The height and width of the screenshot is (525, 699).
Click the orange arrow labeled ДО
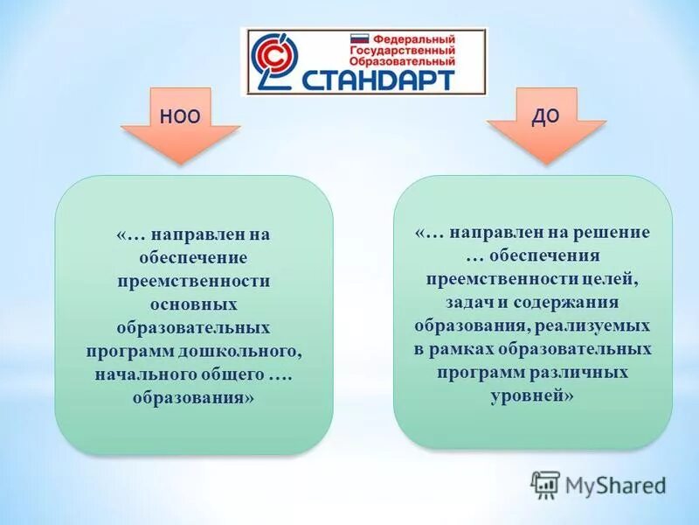coord(545,122)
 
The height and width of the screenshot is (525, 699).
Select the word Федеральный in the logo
coord(413,40)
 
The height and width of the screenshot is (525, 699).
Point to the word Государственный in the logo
coord(403,51)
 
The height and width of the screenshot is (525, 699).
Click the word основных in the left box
coord(194,304)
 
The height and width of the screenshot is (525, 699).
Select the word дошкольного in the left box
coord(252,350)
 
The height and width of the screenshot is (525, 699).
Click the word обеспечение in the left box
coord(194,258)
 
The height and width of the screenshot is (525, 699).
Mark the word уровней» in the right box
coord(533,395)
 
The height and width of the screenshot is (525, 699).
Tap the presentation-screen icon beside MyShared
coord(545,484)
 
